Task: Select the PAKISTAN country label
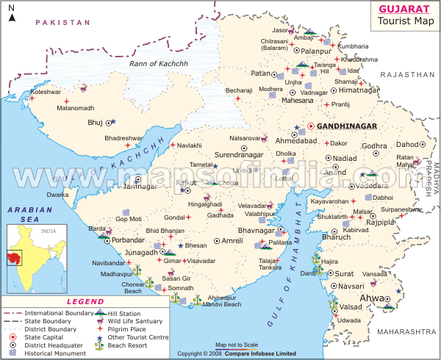[x=62, y=23]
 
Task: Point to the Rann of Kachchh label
[x=159, y=64]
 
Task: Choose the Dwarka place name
[x=58, y=195]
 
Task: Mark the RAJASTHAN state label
[x=408, y=74]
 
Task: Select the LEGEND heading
[x=85, y=301]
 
